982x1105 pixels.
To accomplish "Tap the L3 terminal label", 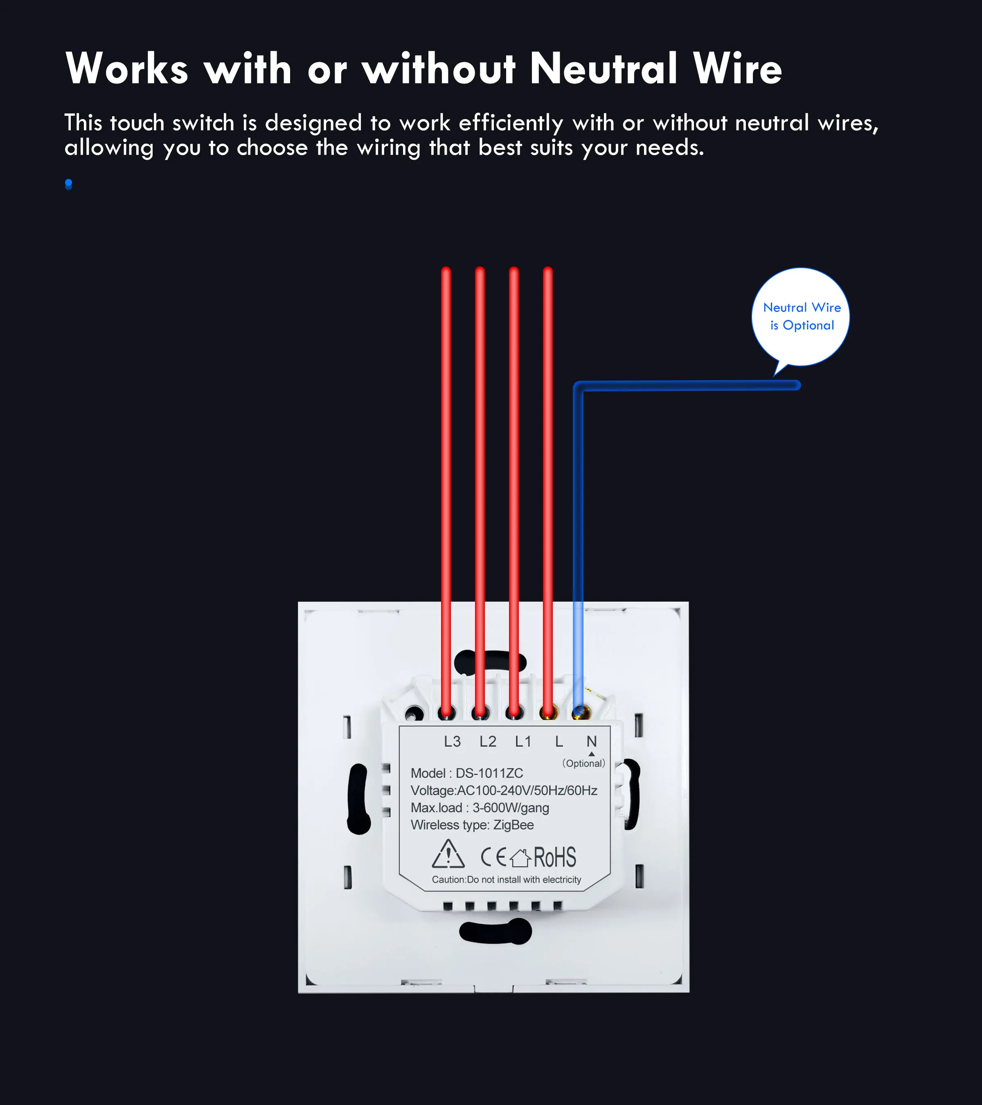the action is click(453, 741).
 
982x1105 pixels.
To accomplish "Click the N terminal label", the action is click(592, 741).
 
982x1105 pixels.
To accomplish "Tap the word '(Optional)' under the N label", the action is click(584, 763).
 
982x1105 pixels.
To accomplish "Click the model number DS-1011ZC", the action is click(489, 773).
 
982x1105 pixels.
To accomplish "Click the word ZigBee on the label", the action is click(514, 825).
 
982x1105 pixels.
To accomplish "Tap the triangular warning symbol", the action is click(448, 854).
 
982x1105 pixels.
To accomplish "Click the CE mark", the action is click(493, 857).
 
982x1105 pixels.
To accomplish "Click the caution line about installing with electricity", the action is click(507, 879).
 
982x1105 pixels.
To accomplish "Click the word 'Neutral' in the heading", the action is click(604, 69).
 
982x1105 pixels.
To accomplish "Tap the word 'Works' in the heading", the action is click(127, 69).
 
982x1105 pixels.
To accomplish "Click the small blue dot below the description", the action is click(69, 184).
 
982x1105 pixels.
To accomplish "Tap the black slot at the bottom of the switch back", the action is click(496, 931).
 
